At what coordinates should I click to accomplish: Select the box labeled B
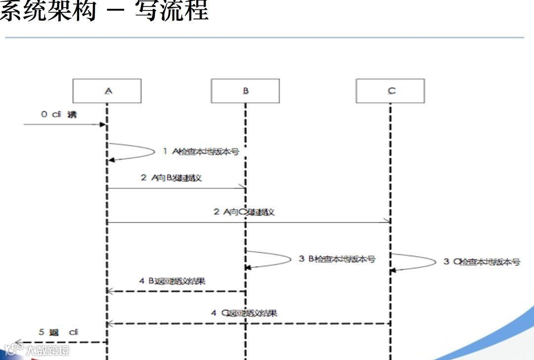click(245, 91)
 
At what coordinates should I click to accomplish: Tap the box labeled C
click(390, 91)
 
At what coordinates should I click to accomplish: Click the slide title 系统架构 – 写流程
click(104, 11)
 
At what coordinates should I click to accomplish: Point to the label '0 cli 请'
click(59, 115)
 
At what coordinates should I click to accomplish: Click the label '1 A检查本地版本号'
click(201, 152)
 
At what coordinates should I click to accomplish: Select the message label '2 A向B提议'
click(171, 178)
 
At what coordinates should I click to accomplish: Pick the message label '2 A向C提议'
click(244, 212)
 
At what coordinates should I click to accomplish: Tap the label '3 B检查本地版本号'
click(337, 259)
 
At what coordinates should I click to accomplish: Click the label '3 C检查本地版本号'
click(482, 262)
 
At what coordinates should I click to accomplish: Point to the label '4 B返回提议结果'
click(172, 281)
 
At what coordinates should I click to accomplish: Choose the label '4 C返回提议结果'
click(244, 313)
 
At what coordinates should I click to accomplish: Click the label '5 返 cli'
click(59, 332)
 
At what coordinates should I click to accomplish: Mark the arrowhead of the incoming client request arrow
click(103, 125)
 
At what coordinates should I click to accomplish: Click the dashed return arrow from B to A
click(176, 291)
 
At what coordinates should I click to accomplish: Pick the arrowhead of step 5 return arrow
click(17, 342)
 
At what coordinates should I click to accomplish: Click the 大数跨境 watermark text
click(47, 351)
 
